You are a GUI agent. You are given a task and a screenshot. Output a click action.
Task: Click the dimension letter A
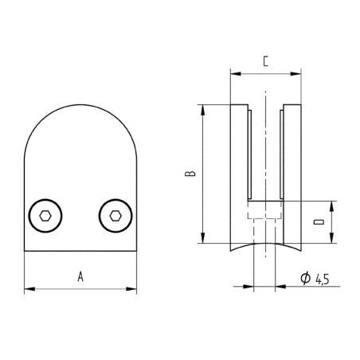(80, 276)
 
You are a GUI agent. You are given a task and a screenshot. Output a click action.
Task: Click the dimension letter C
(265, 60)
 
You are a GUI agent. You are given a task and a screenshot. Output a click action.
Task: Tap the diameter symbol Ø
(305, 279)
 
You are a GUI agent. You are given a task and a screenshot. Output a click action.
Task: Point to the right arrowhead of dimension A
(132, 288)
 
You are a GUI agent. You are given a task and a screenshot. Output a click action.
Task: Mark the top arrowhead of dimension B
(204, 108)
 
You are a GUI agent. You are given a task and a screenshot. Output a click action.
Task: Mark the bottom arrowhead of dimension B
(204, 238)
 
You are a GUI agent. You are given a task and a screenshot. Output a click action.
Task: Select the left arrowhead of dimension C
(233, 73)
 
